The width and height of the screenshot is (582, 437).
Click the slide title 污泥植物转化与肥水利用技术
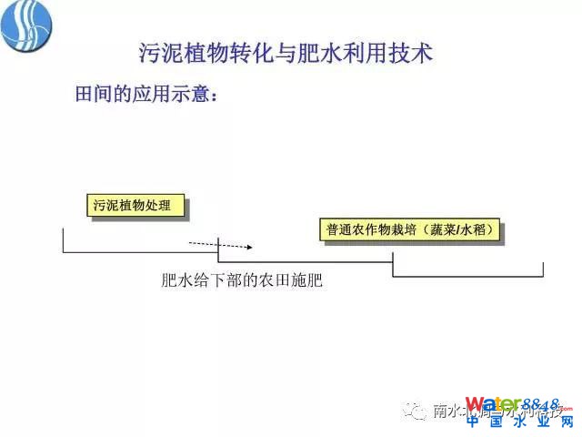coord(285,53)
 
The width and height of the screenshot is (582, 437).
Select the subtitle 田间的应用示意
coord(145,95)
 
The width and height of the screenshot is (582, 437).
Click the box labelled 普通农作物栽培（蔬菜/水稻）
coord(411,230)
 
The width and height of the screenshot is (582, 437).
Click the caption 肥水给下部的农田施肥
coord(242,281)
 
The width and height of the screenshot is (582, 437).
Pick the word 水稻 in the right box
coord(480,230)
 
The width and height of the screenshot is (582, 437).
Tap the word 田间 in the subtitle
coord(91,95)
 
